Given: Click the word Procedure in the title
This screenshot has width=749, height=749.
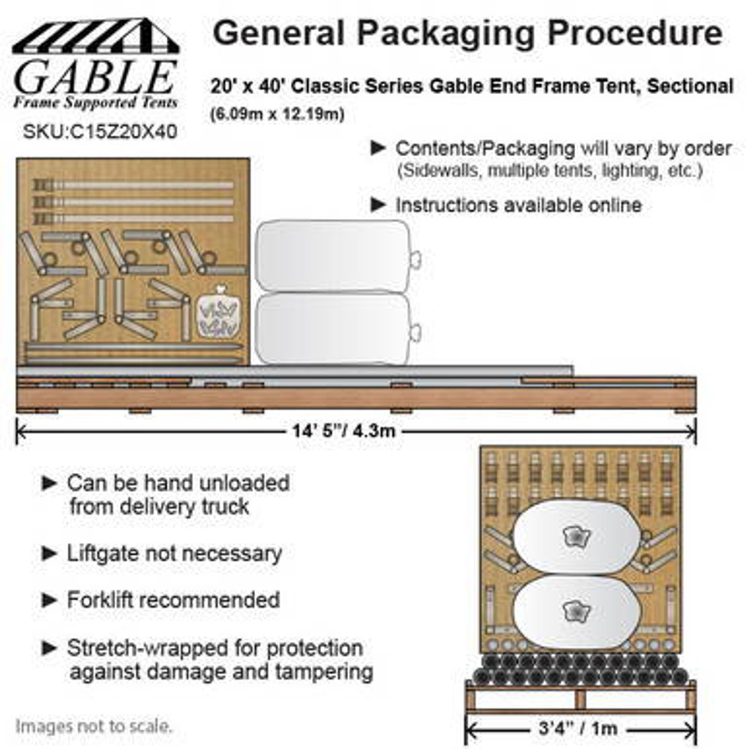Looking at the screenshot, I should coord(635,33).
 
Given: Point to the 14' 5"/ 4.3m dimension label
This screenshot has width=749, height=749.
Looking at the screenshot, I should coord(344,431).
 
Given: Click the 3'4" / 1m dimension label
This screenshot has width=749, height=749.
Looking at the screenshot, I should coord(578,729).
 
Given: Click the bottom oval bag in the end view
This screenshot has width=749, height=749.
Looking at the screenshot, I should coord(576,612).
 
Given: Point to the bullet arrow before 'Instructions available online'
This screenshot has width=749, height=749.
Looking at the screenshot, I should coord(379,205).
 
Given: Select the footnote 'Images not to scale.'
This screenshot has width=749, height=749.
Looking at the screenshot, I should coord(94,727).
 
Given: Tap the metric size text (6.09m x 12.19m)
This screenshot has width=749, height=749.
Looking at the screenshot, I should coord(277,114).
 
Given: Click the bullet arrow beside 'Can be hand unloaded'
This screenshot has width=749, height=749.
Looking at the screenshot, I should coord(50,483).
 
